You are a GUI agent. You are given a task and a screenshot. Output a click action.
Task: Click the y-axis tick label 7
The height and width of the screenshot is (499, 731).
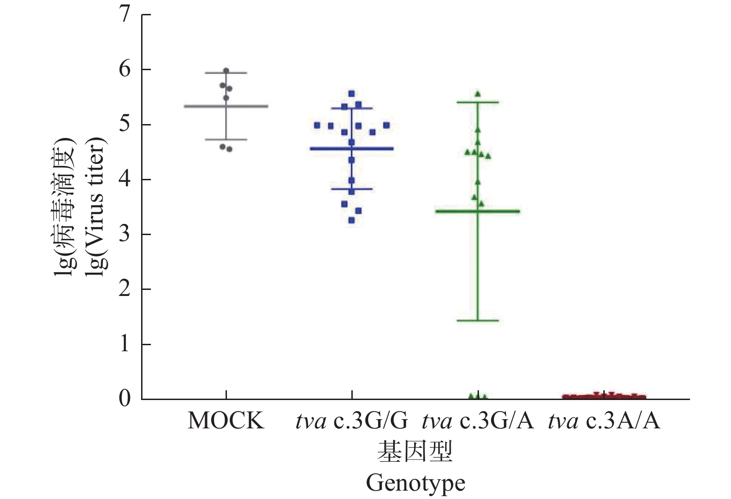[x=124, y=15]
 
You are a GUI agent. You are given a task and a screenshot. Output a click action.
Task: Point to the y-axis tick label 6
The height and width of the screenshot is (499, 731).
[x=124, y=70]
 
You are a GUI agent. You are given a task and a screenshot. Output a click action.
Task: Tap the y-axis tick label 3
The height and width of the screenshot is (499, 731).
[x=124, y=234]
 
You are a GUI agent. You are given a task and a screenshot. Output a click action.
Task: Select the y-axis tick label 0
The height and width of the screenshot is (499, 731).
[x=124, y=399]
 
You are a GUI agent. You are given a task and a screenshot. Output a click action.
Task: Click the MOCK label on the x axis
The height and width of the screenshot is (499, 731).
[x=226, y=421]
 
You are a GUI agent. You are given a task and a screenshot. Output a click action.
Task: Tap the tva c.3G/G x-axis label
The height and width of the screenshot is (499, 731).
[x=352, y=421]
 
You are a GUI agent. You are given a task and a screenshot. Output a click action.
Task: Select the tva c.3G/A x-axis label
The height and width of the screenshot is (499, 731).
[x=478, y=421]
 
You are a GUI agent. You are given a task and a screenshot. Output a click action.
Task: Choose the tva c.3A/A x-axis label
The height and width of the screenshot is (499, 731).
[x=604, y=421]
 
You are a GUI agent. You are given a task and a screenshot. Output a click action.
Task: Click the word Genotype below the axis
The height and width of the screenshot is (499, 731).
[x=415, y=483]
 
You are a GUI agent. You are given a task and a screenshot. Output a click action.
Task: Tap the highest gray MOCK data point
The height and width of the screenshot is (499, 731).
[x=226, y=71]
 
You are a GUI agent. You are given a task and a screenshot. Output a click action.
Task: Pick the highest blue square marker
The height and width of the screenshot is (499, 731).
[x=351, y=94]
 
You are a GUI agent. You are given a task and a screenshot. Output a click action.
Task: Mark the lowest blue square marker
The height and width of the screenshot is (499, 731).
[x=351, y=220]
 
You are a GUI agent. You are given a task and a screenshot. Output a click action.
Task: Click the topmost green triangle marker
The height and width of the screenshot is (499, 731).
[x=478, y=94]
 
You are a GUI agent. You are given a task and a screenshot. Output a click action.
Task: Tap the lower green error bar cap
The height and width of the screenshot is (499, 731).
[x=478, y=321]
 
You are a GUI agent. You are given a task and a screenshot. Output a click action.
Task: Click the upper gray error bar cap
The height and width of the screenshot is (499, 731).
[x=226, y=73]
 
